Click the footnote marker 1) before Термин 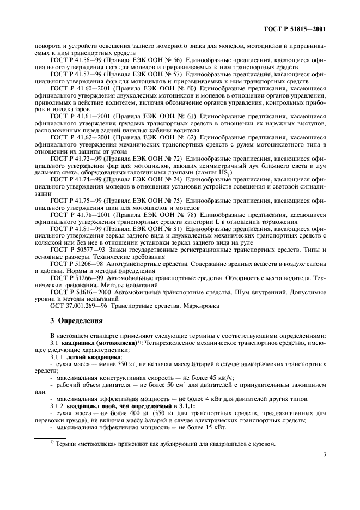point(46,442)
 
